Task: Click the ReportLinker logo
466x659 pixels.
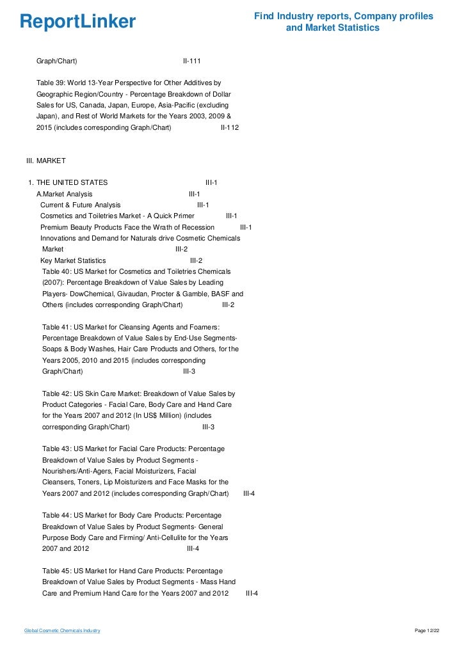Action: pos(78,22)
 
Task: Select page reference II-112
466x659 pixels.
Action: pos(229,128)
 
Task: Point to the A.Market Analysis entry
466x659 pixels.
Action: pos(64,194)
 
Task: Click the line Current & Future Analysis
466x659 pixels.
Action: pos(80,205)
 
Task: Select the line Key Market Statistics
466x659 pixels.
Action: pos(73,260)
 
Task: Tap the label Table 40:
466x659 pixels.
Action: pos(57,271)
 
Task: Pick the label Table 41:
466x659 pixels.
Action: pos(57,327)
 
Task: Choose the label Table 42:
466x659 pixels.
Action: pos(57,393)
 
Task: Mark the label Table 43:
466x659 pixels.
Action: pos(57,449)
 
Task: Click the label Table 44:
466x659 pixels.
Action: pos(57,516)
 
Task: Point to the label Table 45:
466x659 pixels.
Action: pos(57,571)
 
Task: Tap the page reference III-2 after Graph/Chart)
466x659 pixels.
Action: pos(228,305)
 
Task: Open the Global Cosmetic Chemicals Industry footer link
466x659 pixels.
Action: pos(62,631)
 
